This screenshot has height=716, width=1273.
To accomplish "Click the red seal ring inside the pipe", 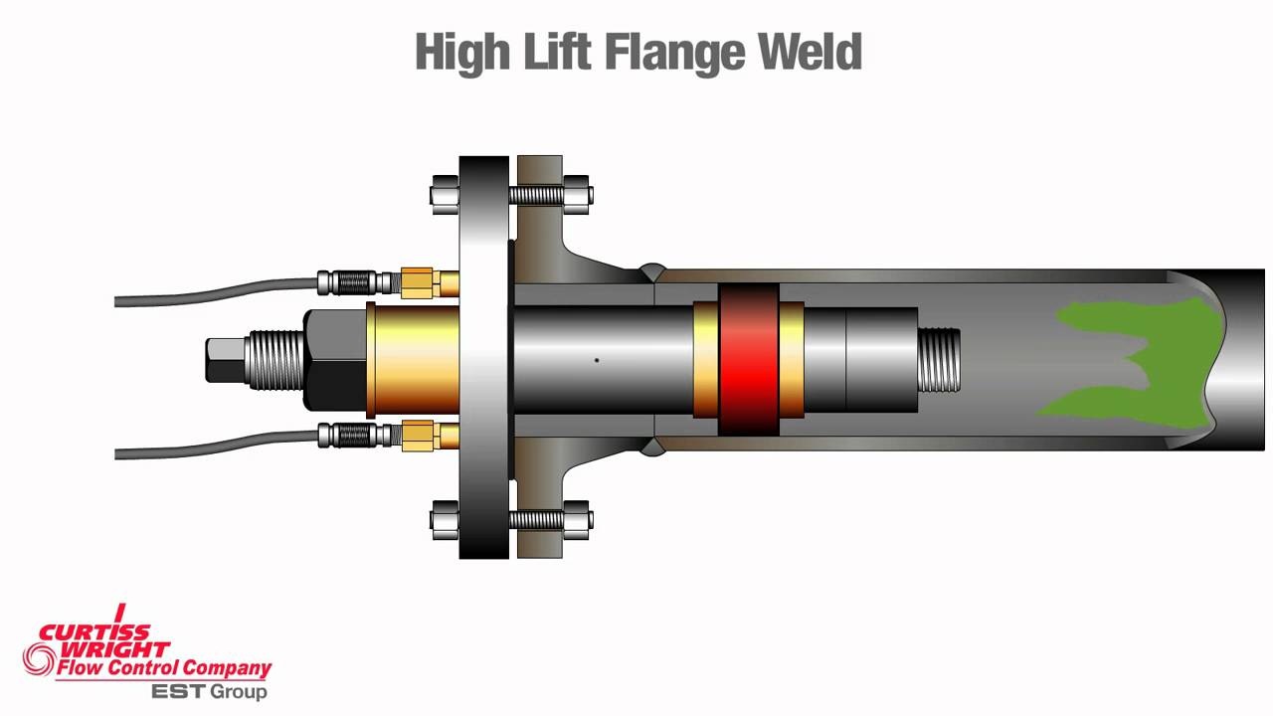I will (x=749, y=359).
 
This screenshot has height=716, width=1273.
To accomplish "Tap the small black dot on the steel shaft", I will (x=597, y=360).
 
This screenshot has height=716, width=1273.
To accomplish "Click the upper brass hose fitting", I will (x=420, y=282).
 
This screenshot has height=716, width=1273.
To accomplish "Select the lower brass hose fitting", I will (x=420, y=436).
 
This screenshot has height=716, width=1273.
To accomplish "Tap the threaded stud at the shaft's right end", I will (x=938, y=360).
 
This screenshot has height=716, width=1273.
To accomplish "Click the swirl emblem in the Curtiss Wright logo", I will (x=40, y=656).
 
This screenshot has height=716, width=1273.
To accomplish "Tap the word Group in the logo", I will (x=238, y=690).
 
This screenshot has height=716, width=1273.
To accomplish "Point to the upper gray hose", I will (x=219, y=291).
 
